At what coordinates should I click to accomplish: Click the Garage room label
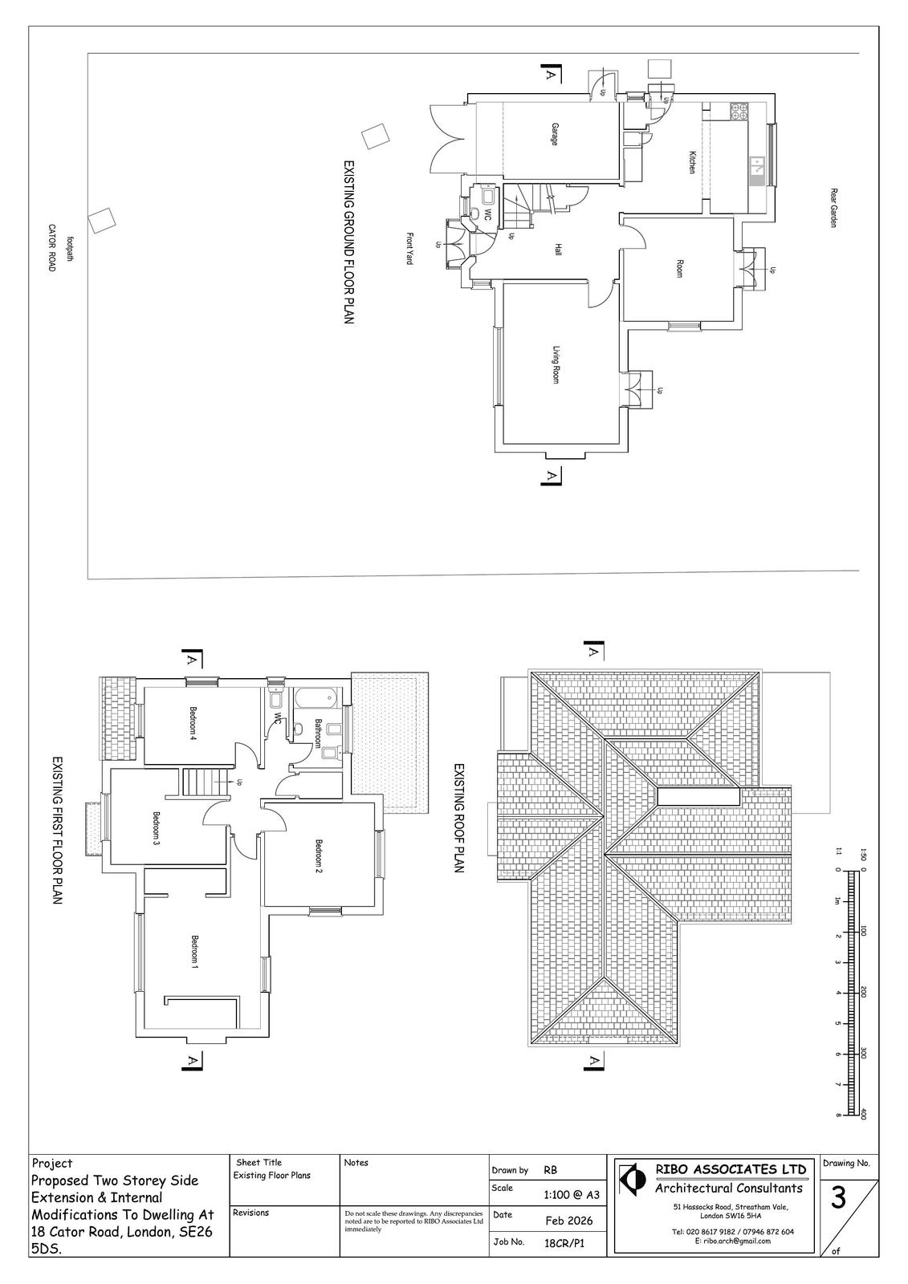pyautogui.click(x=554, y=134)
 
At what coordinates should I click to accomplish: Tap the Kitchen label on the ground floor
pyautogui.click(x=692, y=162)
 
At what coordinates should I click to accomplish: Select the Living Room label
pyautogui.click(x=556, y=364)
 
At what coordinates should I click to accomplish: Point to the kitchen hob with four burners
pyautogui.click(x=739, y=112)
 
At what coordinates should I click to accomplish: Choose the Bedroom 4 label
pyautogui.click(x=193, y=723)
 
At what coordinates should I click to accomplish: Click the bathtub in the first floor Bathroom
pyautogui.click(x=315, y=698)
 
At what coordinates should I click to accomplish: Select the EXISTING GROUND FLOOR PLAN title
pyautogui.click(x=348, y=242)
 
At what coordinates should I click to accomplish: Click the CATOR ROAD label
pyautogui.click(x=51, y=248)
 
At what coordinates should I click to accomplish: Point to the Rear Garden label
pyautogui.click(x=833, y=208)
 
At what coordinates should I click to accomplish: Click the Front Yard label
pyautogui.click(x=410, y=248)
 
